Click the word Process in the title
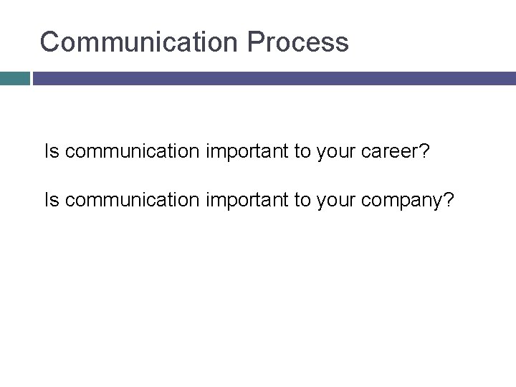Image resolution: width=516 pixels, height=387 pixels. [x=298, y=42]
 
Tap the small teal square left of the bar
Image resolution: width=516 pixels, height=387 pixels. [x=14, y=78]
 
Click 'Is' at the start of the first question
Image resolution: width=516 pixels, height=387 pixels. [x=52, y=152]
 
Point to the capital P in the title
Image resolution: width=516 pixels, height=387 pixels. [x=256, y=42]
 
